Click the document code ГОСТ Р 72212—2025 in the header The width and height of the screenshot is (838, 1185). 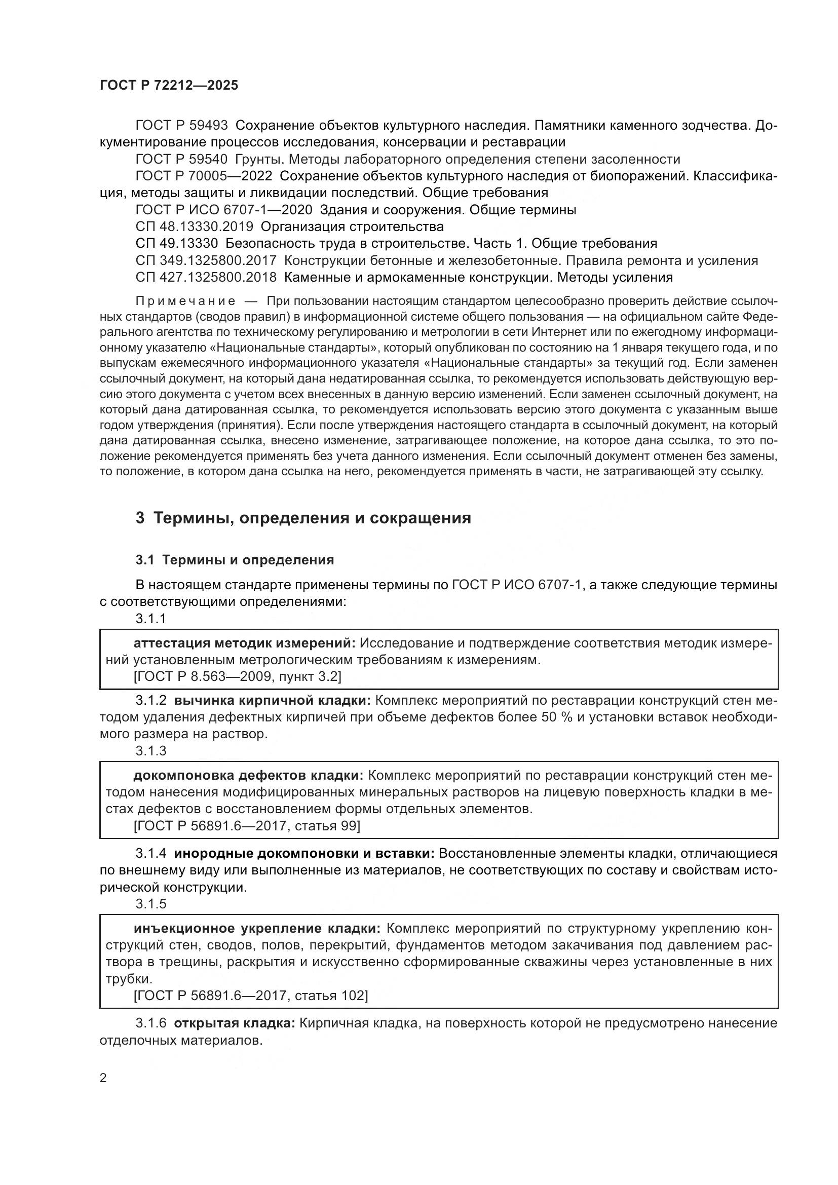click(169, 85)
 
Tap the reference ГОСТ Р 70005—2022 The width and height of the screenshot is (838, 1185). click(203, 176)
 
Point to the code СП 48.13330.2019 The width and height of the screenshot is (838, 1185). click(194, 226)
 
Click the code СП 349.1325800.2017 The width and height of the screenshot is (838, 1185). click(206, 260)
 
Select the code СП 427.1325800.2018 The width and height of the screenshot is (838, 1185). click(206, 278)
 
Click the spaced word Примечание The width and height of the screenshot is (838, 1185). click(185, 301)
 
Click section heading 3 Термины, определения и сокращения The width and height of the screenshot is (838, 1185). click(303, 518)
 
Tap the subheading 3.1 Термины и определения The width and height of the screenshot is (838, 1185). click(235, 560)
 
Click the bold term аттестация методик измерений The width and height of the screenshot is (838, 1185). click(244, 643)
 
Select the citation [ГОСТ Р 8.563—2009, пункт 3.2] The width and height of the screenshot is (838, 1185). click(237, 676)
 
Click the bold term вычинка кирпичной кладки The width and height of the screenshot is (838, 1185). click(272, 700)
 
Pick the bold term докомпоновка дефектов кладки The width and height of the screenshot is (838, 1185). click(248, 776)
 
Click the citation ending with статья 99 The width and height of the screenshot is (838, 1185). click(247, 826)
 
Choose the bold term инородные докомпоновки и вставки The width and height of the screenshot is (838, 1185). click(304, 854)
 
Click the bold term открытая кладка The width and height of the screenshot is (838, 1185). click(234, 1023)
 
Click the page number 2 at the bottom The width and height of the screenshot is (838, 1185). click(103, 1078)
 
